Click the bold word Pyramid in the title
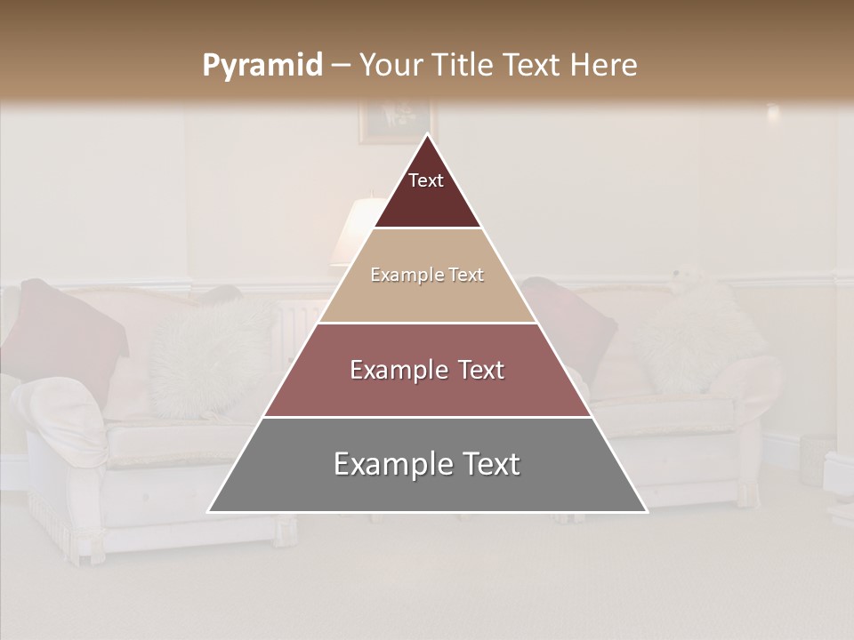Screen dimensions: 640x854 (262, 66)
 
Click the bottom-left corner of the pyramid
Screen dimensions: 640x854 (210, 511)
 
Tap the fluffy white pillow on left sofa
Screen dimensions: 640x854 (209, 356)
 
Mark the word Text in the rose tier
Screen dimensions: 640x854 (476, 370)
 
